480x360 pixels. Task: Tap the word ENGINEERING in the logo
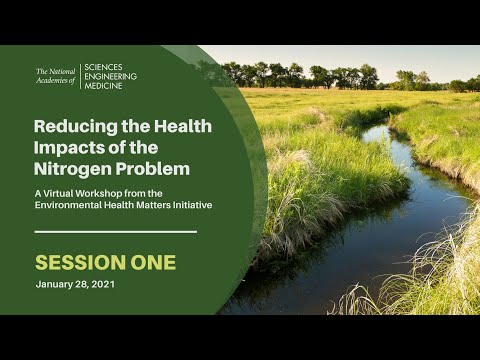coord(110,76)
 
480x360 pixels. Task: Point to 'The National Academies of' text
coord(55,76)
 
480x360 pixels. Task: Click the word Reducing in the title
coord(71,127)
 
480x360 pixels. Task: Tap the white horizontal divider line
coord(116,232)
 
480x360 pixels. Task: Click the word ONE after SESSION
coord(153,263)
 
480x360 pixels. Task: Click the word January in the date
coord(55,286)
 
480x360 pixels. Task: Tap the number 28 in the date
coord(87,286)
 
